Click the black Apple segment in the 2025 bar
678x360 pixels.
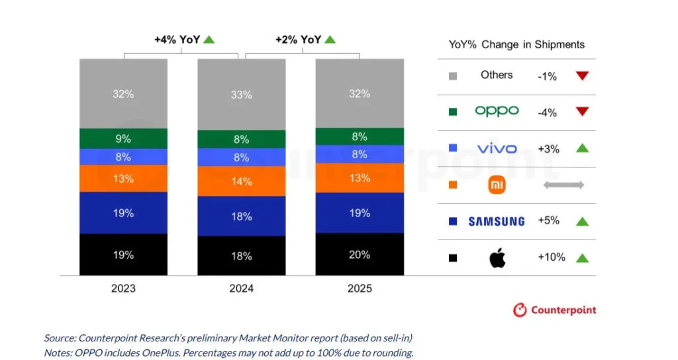[x=360, y=254]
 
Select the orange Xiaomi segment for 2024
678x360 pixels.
[x=241, y=180]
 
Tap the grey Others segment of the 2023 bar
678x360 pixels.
[x=123, y=93]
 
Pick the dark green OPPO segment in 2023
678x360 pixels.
[x=123, y=138]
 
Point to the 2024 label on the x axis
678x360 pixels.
[x=241, y=288]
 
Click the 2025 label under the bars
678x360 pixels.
[x=360, y=288]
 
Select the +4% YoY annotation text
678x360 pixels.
[x=177, y=40]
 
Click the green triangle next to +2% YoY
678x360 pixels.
[x=330, y=40]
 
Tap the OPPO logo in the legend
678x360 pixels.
[x=497, y=111]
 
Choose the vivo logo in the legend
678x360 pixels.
[x=497, y=148]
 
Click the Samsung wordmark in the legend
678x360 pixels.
[x=497, y=221]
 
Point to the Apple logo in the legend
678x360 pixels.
[x=497, y=257]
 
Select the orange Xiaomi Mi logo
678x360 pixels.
[x=497, y=185]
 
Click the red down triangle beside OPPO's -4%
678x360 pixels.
[x=582, y=112]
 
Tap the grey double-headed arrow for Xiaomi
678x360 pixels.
[x=563, y=185]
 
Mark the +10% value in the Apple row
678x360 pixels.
[x=551, y=257]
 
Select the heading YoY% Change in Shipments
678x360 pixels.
[x=516, y=44]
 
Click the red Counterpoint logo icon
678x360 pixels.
[x=520, y=310]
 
